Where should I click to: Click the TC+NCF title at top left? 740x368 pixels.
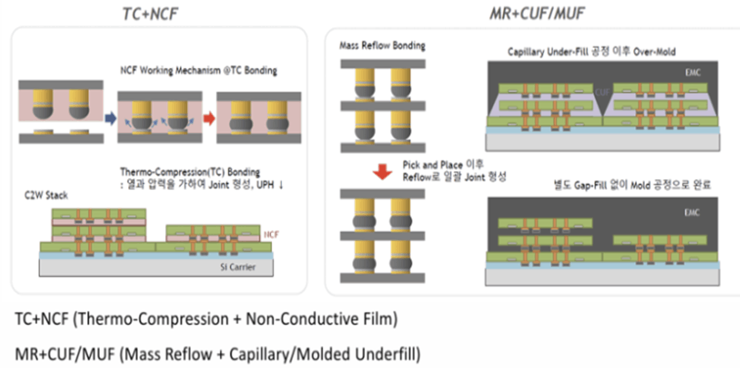pos(150,14)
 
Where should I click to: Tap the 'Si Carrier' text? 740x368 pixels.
pos(237,268)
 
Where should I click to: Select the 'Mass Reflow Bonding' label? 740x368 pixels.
pos(382,45)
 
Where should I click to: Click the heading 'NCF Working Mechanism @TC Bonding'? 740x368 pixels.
pos(198,71)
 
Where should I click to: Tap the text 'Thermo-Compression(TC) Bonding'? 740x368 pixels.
pos(190,172)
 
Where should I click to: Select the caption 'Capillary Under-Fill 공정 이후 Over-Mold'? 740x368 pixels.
pos(591,52)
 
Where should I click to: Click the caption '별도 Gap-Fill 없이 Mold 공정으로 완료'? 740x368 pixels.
pos(629,185)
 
